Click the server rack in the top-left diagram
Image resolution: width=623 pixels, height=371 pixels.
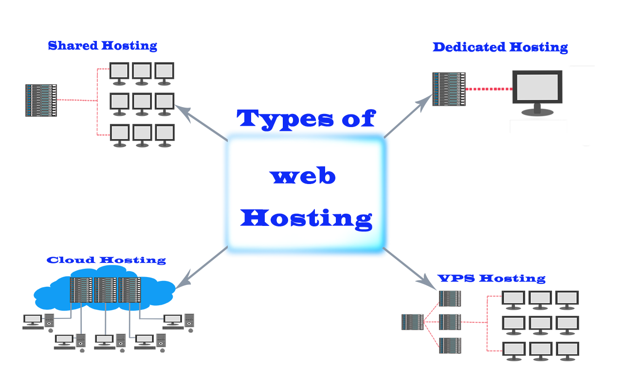click(x=41, y=100)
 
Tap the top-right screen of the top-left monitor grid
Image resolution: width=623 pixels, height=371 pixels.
click(x=165, y=71)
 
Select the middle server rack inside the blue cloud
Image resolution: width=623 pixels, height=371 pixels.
click(x=105, y=290)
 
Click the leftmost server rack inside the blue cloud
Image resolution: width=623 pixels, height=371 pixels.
click(x=81, y=290)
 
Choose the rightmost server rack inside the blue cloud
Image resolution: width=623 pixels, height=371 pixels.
click(x=129, y=290)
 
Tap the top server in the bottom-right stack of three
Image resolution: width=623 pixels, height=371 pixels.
click(x=450, y=298)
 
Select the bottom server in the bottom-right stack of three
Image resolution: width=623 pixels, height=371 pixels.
click(x=450, y=345)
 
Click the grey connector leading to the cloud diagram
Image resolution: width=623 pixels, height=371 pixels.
click(x=203, y=267)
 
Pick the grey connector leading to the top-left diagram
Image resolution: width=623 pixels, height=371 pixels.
click(x=199, y=124)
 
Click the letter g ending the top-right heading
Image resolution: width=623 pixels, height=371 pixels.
click(x=563, y=49)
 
